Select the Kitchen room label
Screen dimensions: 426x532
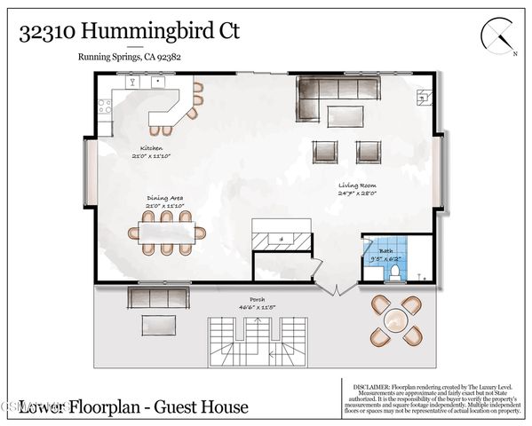pyautogui.click(x=151, y=148)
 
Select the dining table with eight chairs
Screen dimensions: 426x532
pyautogui.click(x=167, y=233)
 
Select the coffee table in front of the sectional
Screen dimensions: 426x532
pyautogui.click(x=343, y=115)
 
